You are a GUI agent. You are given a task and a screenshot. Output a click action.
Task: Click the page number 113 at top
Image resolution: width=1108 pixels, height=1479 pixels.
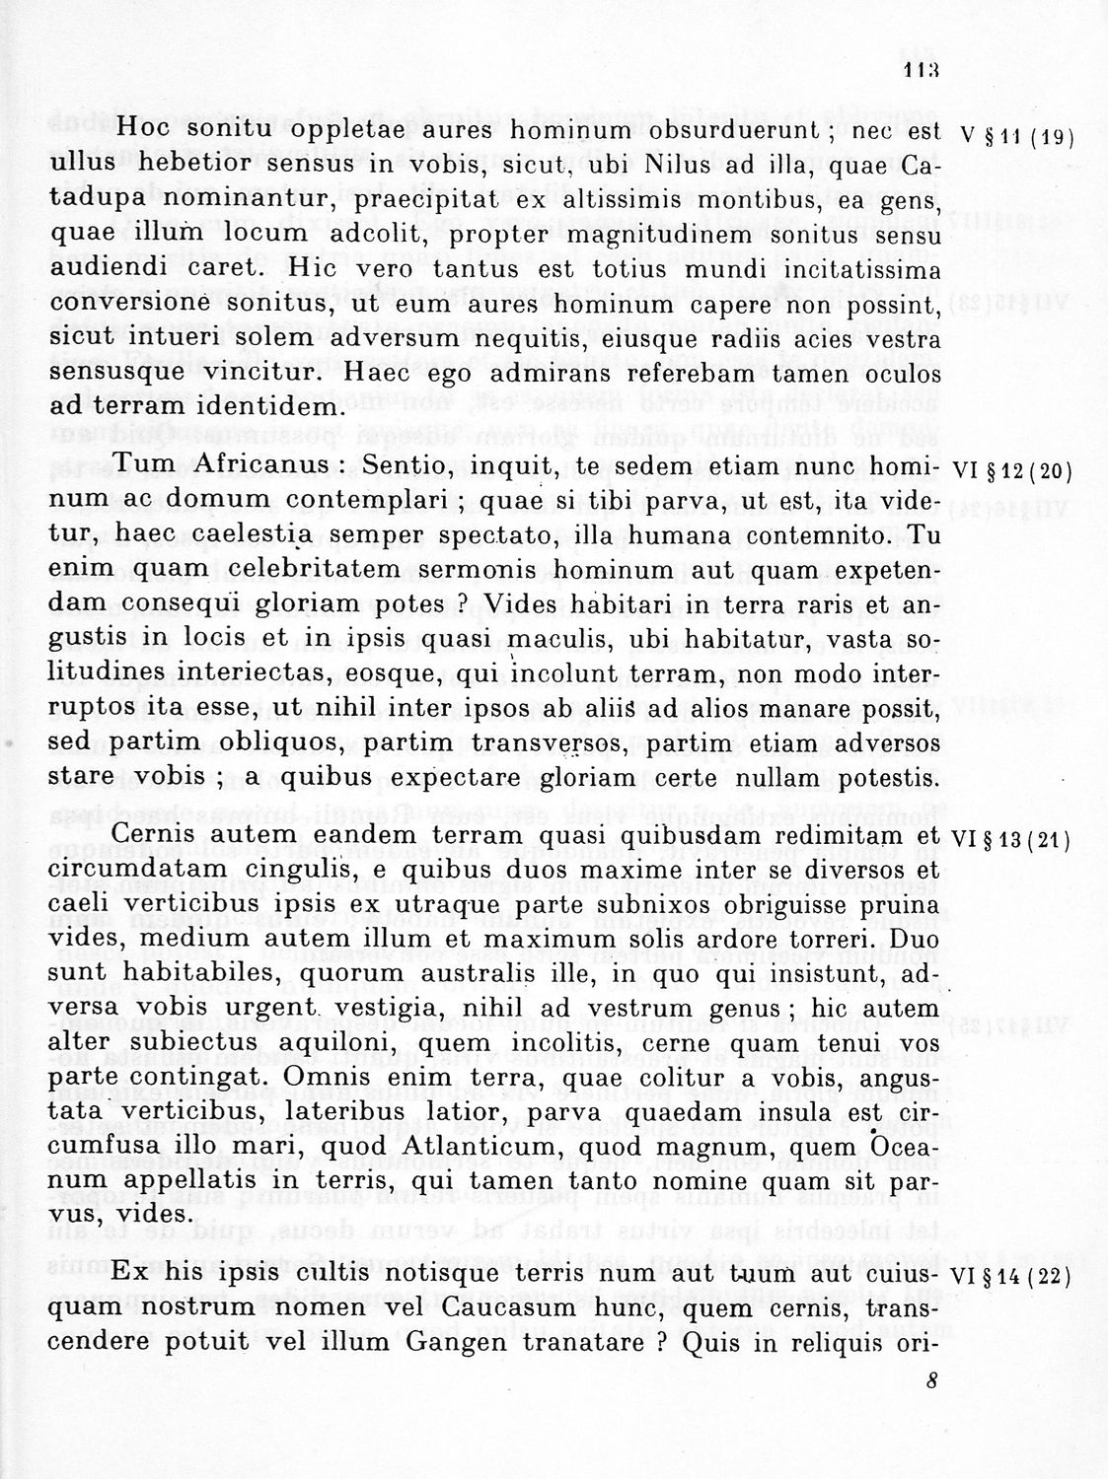click(920, 70)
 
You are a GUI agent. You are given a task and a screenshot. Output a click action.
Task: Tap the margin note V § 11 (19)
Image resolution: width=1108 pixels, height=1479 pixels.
click(1015, 136)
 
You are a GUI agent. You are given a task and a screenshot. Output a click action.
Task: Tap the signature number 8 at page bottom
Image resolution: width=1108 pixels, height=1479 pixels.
click(931, 1381)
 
